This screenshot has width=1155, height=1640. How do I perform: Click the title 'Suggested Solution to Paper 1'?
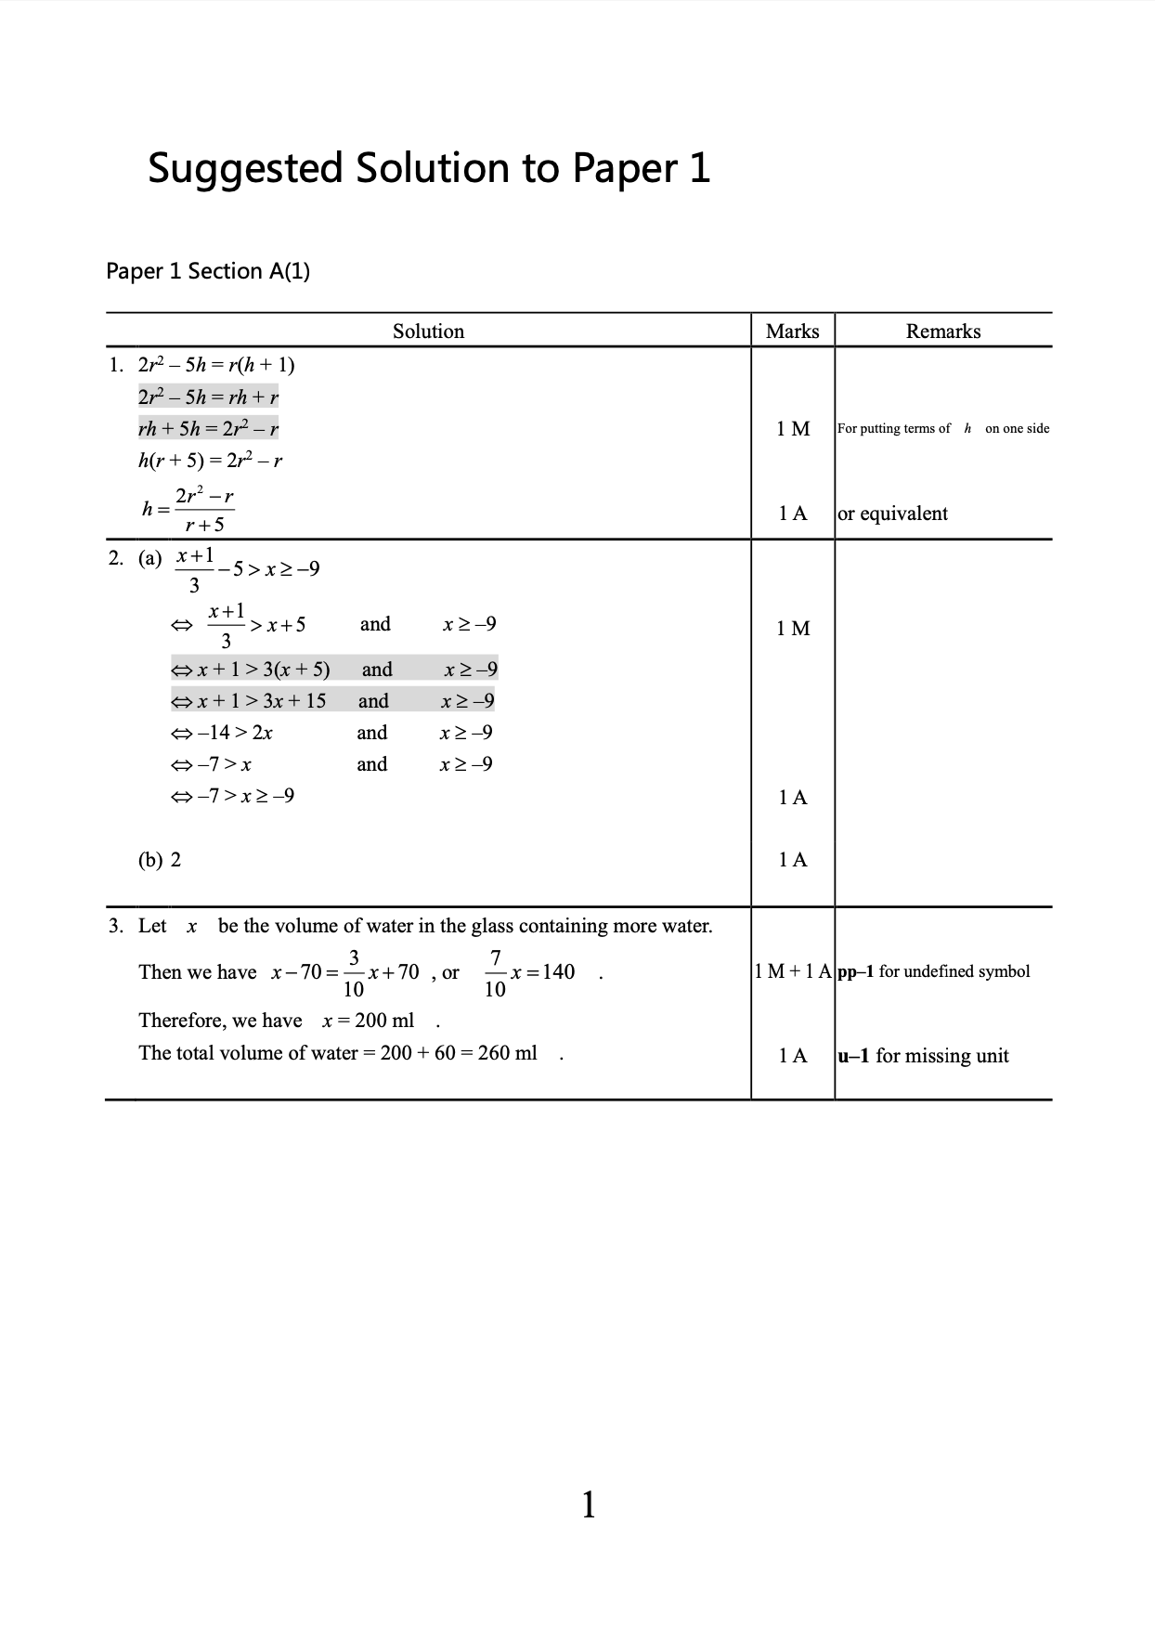429,168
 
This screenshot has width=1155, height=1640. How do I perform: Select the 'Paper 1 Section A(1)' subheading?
208,271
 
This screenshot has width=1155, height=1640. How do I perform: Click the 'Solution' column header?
428,332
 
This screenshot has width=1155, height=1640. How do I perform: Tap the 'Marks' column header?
792,332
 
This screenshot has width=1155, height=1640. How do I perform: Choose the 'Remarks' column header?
942,332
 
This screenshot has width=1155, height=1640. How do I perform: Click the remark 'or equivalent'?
892,514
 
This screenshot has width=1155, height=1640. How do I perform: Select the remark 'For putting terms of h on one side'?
942,428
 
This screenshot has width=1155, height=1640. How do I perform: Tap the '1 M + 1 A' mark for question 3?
792,971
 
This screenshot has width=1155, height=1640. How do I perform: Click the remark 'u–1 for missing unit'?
923,1055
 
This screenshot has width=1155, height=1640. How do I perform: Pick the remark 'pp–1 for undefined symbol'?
933,971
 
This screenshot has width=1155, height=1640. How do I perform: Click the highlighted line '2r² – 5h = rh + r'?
208,397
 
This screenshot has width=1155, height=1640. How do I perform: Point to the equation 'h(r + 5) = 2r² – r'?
210,460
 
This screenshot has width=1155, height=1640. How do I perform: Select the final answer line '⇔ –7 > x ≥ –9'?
233,796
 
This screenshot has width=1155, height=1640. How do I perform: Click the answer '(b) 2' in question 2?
160,859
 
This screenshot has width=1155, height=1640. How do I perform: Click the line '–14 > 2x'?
223,733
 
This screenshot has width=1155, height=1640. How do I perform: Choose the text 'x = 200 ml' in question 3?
368,1021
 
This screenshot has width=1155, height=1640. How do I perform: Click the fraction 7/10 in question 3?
495,972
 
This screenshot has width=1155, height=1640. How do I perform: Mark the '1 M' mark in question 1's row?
793,428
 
